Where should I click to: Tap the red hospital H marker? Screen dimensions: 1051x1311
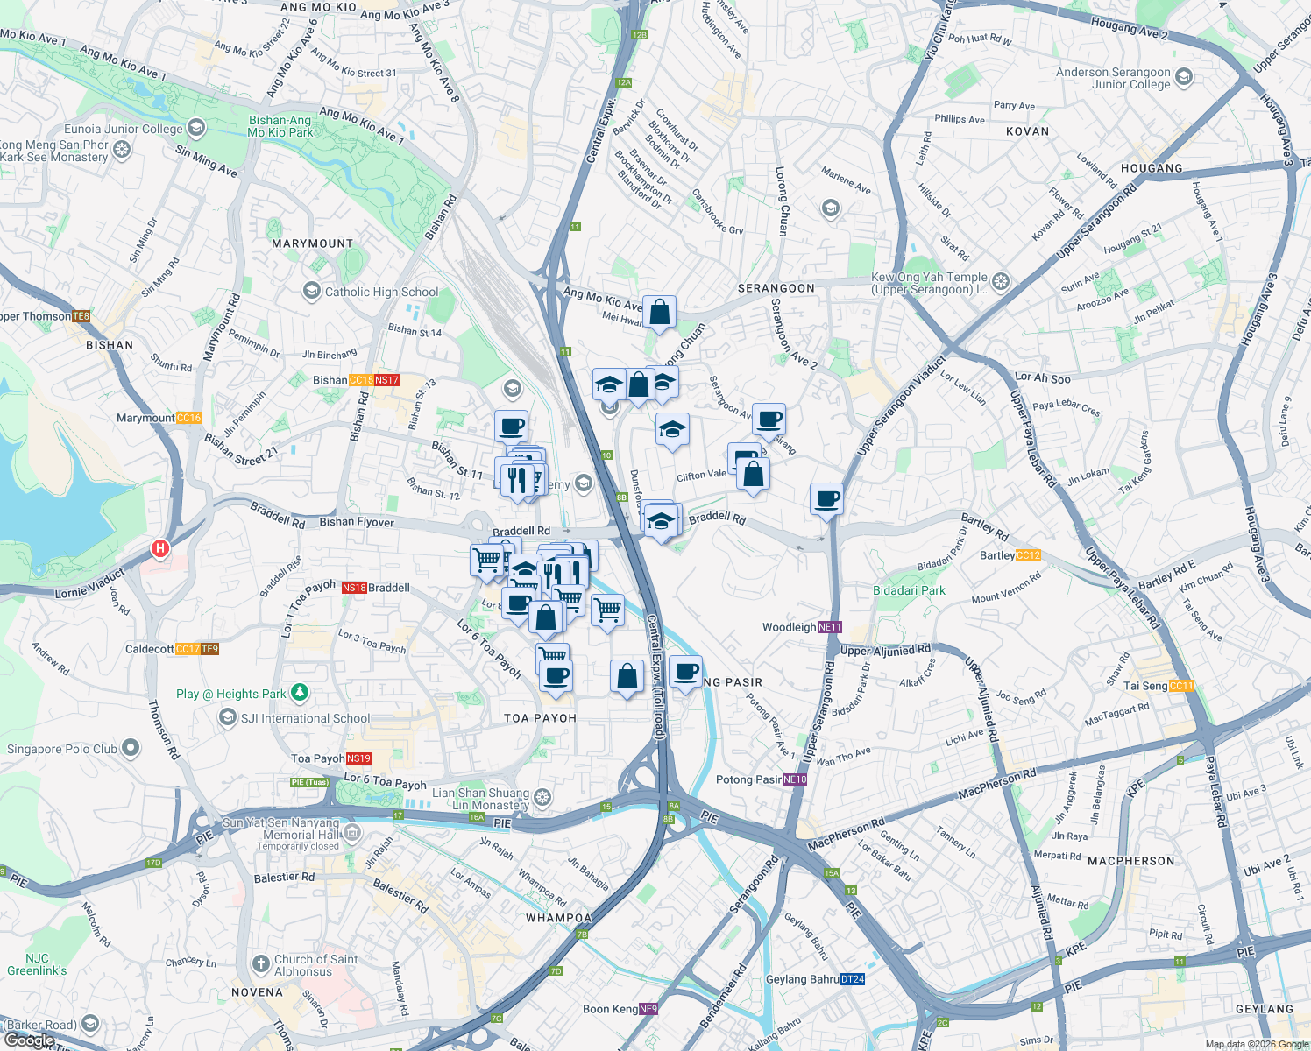159,549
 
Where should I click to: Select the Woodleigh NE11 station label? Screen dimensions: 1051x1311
802,627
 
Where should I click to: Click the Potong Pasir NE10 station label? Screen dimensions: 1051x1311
761,779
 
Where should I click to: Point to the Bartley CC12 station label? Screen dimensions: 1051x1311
1010,555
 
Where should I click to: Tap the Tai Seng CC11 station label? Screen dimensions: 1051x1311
1159,686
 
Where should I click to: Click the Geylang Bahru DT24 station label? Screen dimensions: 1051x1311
815,979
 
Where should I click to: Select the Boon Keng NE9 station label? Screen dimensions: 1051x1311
620,1009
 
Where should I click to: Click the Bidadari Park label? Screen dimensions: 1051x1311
909,590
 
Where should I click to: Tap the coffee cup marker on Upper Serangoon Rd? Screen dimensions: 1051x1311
826,499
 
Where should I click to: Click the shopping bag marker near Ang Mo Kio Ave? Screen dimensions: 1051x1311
659,312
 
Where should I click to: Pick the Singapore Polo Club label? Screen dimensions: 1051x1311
62,749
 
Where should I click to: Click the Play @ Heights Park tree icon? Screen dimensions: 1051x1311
300,693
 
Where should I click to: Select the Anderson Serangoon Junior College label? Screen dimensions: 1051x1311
1113,78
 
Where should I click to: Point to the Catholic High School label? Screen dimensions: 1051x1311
381,292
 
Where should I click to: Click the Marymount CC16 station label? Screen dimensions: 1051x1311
159,418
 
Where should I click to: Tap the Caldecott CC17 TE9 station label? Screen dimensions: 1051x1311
172,649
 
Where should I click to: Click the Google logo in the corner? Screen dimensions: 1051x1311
29,1040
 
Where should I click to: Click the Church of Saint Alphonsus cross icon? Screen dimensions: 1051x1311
260,964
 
